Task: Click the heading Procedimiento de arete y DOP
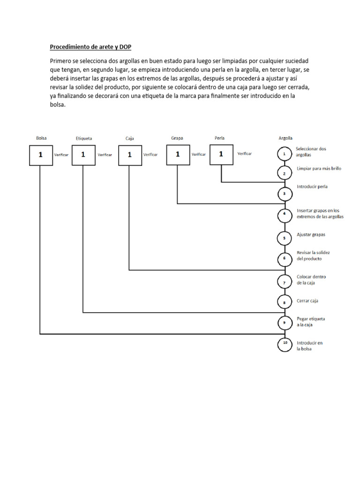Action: [91, 47]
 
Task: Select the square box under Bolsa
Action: [40, 155]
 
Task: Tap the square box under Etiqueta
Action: [83, 155]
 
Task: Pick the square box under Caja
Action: [130, 155]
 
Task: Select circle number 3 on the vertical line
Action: [285, 193]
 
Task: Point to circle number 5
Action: [285, 238]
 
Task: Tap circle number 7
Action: [285, 282]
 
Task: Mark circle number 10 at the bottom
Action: [285, 344]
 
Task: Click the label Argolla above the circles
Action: [285, 138]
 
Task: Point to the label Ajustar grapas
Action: [311, 234]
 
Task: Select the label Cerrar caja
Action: [308, 301]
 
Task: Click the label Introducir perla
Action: [312, 187]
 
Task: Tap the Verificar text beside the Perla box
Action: [245, 154]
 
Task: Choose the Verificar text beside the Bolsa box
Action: [61, 155]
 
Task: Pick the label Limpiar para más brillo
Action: [319, 169]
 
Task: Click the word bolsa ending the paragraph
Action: [58, 105]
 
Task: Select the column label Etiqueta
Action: [84, 139]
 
